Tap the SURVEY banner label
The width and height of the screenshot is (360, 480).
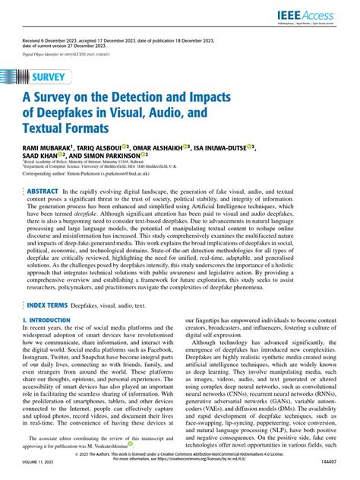point(52,78)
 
